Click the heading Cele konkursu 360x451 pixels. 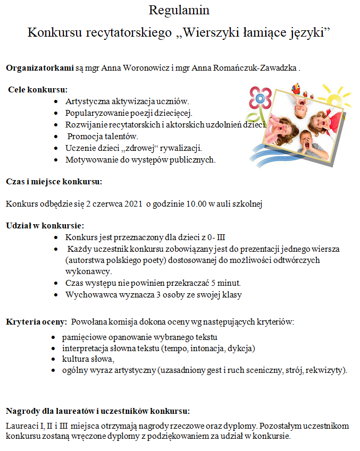coord(38,89)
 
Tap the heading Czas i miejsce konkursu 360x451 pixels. coord(54,181)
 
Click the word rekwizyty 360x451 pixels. coord(328,370)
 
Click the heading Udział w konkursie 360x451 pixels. coord(45,225)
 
